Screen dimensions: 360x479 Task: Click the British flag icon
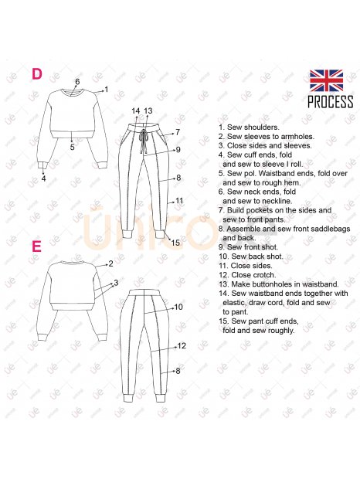pyautogui.click(x=327, y=80)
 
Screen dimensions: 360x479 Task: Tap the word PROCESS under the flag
pyautogui.click(x=331, y=102)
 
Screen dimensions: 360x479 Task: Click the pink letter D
pyautogui.click(x=37, y=74)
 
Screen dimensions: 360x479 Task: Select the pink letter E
pyautogui.click(x=36, y=246)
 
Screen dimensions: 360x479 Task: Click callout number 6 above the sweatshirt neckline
pyautogui.click(x=77, y=82)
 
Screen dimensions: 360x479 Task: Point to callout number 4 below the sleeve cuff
pyautogui.click(x=44, y=178)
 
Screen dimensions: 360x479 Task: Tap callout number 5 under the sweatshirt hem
pyautogui.click(x=72, y=147)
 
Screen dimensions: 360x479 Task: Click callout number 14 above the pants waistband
pyautogui.click(x=135, y=111)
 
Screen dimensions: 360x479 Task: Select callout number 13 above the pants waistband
pyautogui.click(x=148, y=111)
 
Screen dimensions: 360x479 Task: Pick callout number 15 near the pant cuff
pyautogui.click(x=175, y=243)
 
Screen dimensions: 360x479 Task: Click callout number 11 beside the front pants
pyautogui.click(x=179, y=201)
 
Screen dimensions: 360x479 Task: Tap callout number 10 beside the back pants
pyautogui.click(x=178, y=307)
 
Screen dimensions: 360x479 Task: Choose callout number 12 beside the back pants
pyautogui.click(x=182, y=346)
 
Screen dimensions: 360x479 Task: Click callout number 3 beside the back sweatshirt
pyautogui.click(x=116, y=283)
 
